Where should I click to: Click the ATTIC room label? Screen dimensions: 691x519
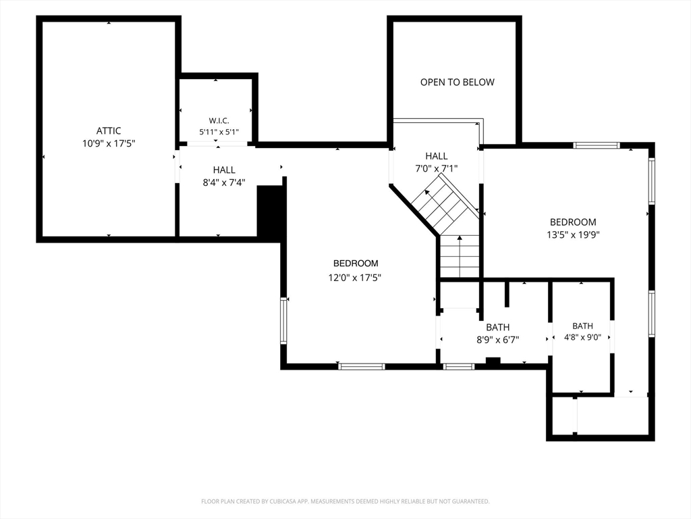click(x=109, y=130)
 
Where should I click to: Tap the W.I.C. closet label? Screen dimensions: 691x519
click(x=219, y=120)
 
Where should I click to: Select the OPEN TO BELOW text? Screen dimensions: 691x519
click(x=457, y=82)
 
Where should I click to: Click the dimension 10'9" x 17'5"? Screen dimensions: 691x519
click(x=109, y=143)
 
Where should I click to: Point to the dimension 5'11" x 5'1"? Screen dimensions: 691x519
click(x=219, y=132)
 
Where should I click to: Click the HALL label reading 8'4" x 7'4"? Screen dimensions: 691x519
click(x=224, y=170)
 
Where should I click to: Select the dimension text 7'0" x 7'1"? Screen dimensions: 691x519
click(x=437, y=168)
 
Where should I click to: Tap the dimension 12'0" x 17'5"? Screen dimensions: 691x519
click(x=355, y=278)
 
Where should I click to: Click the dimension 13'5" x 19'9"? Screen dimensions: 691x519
click(x=573, y=234)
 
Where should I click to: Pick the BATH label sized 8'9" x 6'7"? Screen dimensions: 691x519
click(x=497, y=328)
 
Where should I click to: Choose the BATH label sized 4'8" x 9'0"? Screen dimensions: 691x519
click(x=582, y=326)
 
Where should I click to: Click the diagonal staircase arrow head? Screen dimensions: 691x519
click(x=426, y=193)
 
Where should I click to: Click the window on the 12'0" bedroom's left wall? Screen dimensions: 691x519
click(x=284, y=320)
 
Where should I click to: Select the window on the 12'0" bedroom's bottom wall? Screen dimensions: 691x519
click(x=362, y=366)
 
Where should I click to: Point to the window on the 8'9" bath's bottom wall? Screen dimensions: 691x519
click(x=458, y=366)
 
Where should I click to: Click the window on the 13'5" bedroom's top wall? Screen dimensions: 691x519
click(x=597, y=145)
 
